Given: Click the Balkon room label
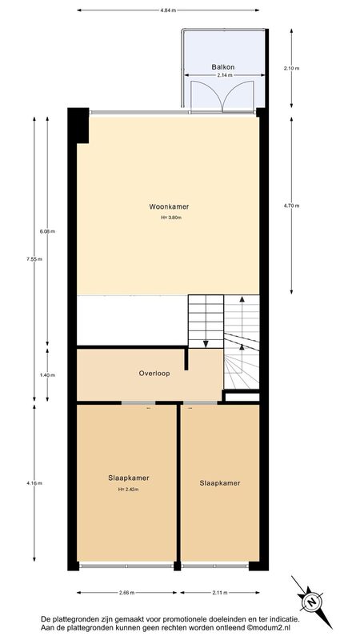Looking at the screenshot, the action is click(223, 67).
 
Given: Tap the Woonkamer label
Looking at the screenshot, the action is click(169, 206).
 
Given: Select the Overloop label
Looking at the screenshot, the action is click(154, 373).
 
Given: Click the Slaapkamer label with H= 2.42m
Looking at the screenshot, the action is click(129, 478).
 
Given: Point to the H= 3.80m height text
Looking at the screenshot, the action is click(171, 218).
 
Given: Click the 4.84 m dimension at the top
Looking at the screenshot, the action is click(168, 10).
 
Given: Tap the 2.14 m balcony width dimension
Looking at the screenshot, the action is click(225, 75).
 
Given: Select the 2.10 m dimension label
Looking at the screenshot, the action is click(291, 68).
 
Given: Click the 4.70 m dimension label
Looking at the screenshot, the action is click(291, 206).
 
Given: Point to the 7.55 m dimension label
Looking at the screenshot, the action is click(34, 258).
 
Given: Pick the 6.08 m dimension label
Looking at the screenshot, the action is click(47, 231).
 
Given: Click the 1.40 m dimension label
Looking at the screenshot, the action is click(47, 375).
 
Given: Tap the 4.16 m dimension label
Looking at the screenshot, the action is click(34, 483).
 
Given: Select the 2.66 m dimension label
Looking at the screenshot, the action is click(127, 593).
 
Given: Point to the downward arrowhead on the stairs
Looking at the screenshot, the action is click(206, 344).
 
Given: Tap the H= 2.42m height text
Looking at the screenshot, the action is click(129, 489).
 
